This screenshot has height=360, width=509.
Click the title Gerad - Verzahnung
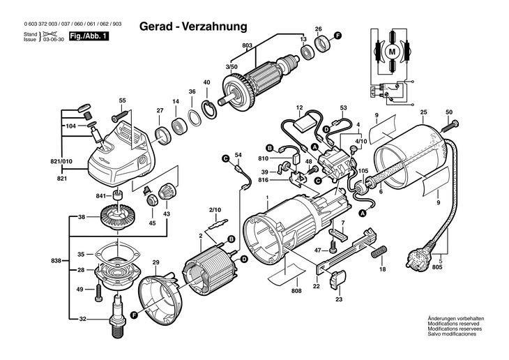point(193,27)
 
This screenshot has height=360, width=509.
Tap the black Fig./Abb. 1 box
point(89,36)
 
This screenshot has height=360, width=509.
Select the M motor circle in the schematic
point(393,52)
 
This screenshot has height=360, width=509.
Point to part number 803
point(247,46)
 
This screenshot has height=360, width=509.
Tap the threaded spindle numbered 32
point(118,316)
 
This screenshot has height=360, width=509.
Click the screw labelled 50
point(450,126)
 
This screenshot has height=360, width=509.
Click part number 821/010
point(61,161)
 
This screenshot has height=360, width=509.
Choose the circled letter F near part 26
point(337,36)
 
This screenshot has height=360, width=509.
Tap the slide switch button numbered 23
point(337,280)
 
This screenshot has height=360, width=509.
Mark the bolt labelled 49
point(98,293)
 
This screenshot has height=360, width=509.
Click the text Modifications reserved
point(453,324)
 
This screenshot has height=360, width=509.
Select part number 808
point(296,291)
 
